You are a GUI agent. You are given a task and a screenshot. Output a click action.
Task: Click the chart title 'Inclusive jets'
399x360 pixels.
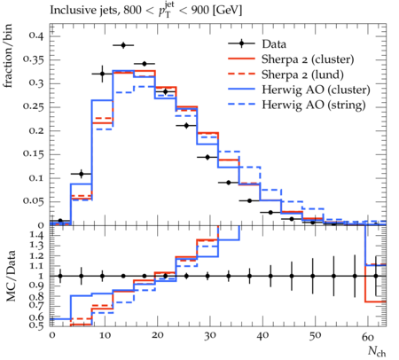click(x=84, y=11)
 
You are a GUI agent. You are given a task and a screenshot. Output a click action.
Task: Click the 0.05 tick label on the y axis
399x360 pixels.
click(x=33, y=201)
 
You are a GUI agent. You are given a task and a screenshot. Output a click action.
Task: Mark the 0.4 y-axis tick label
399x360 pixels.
click(x=36, y=36)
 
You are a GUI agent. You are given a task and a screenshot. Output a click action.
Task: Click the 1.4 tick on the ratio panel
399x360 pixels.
click(x=36, y=236)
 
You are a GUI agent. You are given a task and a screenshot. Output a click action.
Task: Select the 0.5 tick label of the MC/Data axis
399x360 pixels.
click(x=36, y=325)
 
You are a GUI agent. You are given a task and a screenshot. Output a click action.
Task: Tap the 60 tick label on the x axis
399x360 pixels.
click(x=367, y=337)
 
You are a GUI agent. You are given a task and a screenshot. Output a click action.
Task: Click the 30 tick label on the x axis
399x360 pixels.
click(x=209, y=336)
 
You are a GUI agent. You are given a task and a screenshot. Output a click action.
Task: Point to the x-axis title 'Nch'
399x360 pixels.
click(x=377, y=352)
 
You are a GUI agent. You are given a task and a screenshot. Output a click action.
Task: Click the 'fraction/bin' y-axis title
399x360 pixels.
click(x=8, y=56)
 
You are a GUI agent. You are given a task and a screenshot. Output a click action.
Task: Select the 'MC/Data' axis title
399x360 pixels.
click(x=11, y=276)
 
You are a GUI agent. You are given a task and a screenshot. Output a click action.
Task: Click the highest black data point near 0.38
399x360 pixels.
click(x=123, y=45)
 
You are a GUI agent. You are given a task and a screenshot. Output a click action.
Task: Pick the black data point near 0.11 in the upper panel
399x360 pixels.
click(x=82, y=174)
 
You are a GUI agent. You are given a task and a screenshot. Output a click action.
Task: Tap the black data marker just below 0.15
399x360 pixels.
click(x=207, y=157)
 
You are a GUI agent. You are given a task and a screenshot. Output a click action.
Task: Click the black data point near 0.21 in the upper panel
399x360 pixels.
click(x=186, y=126)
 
